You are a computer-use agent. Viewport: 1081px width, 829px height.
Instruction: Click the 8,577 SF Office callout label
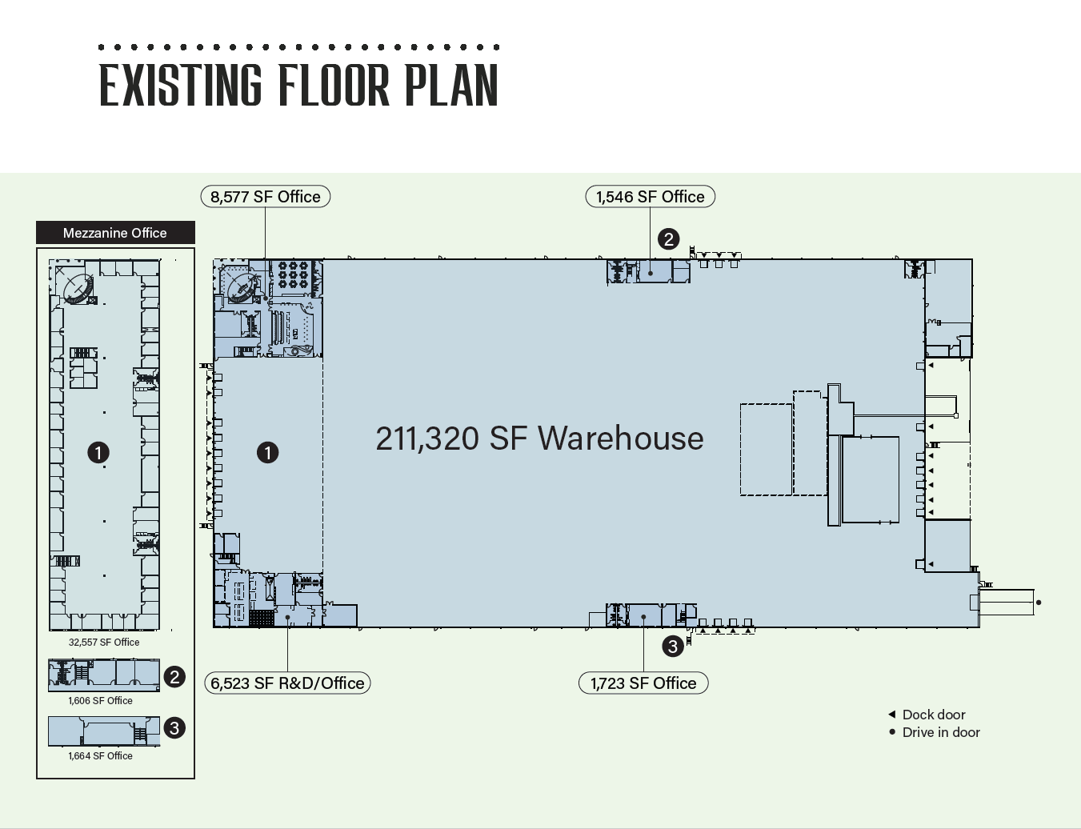[265, 196]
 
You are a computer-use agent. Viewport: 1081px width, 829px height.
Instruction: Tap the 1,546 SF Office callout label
[651, 196]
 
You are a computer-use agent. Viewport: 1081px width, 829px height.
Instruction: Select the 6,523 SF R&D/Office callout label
[287, 683]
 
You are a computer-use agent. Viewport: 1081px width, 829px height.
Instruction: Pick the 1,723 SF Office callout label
[643, 683]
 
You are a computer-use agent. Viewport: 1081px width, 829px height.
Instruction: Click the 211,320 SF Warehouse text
[540, 439]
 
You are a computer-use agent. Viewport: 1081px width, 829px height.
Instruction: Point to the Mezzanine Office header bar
[115, 233]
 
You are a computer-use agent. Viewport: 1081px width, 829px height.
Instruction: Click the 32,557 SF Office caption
[104, 642]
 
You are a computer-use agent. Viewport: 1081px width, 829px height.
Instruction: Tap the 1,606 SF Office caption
[101, 700]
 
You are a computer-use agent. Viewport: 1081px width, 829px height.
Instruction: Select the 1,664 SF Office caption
[101, 755]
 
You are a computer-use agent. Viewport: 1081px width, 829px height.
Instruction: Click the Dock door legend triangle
[892, 714]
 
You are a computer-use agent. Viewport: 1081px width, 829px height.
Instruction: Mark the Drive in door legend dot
[892, 731]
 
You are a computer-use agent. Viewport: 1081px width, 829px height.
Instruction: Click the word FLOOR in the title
[334, 85]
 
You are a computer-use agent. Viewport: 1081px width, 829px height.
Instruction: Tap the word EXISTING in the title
[181, 85]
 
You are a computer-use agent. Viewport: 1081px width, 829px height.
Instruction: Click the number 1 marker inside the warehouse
[267, 453]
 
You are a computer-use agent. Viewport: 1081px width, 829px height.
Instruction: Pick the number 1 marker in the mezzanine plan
[98, 453]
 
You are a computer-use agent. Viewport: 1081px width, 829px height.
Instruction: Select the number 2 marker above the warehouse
[669, 239]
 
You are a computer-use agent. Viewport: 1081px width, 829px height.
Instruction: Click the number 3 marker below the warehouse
[673, 646]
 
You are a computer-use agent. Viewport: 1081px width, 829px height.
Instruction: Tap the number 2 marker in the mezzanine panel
[174, 677]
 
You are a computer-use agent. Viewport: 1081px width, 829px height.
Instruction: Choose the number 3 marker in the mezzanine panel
[174, 727]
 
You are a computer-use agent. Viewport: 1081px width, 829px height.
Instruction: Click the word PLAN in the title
[451, 85]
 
